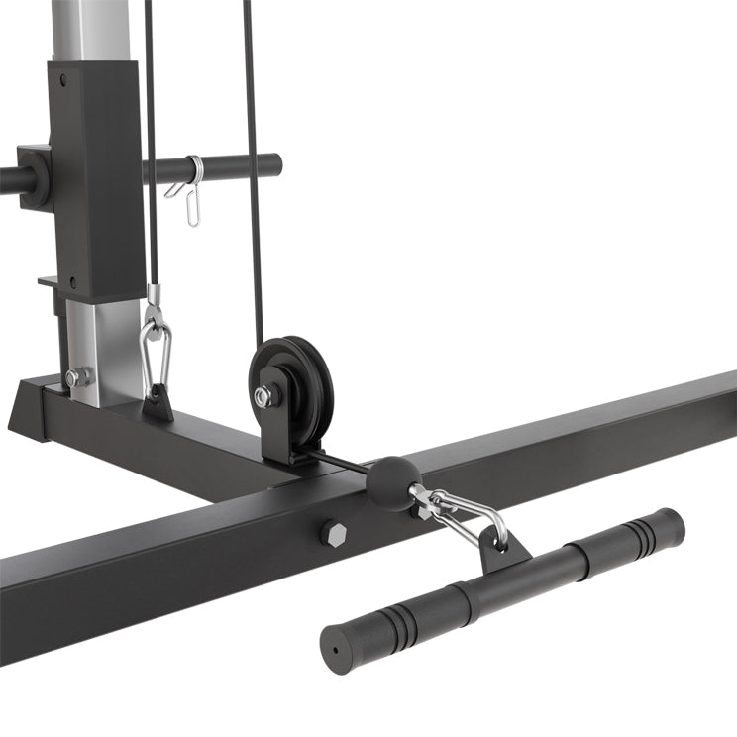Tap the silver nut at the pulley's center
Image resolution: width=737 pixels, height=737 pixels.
coord(263,397)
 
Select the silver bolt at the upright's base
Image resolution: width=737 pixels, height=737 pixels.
coord(75,377)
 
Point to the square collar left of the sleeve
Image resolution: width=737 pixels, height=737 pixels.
coord(34,175)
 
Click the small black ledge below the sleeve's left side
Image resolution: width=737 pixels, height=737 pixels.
coord(51,282)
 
